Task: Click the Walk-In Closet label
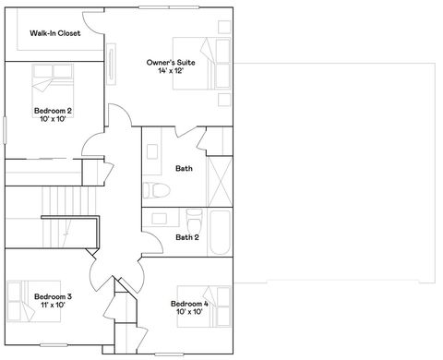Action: pos(54,33)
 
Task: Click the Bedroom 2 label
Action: pos(53,110)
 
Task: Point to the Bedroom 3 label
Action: pos(53,296)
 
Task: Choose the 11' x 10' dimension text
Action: pos(53,306)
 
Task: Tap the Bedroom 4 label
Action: pos(188,303)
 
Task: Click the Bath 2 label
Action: pos(187,237)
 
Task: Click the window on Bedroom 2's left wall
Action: pos(5,127)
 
